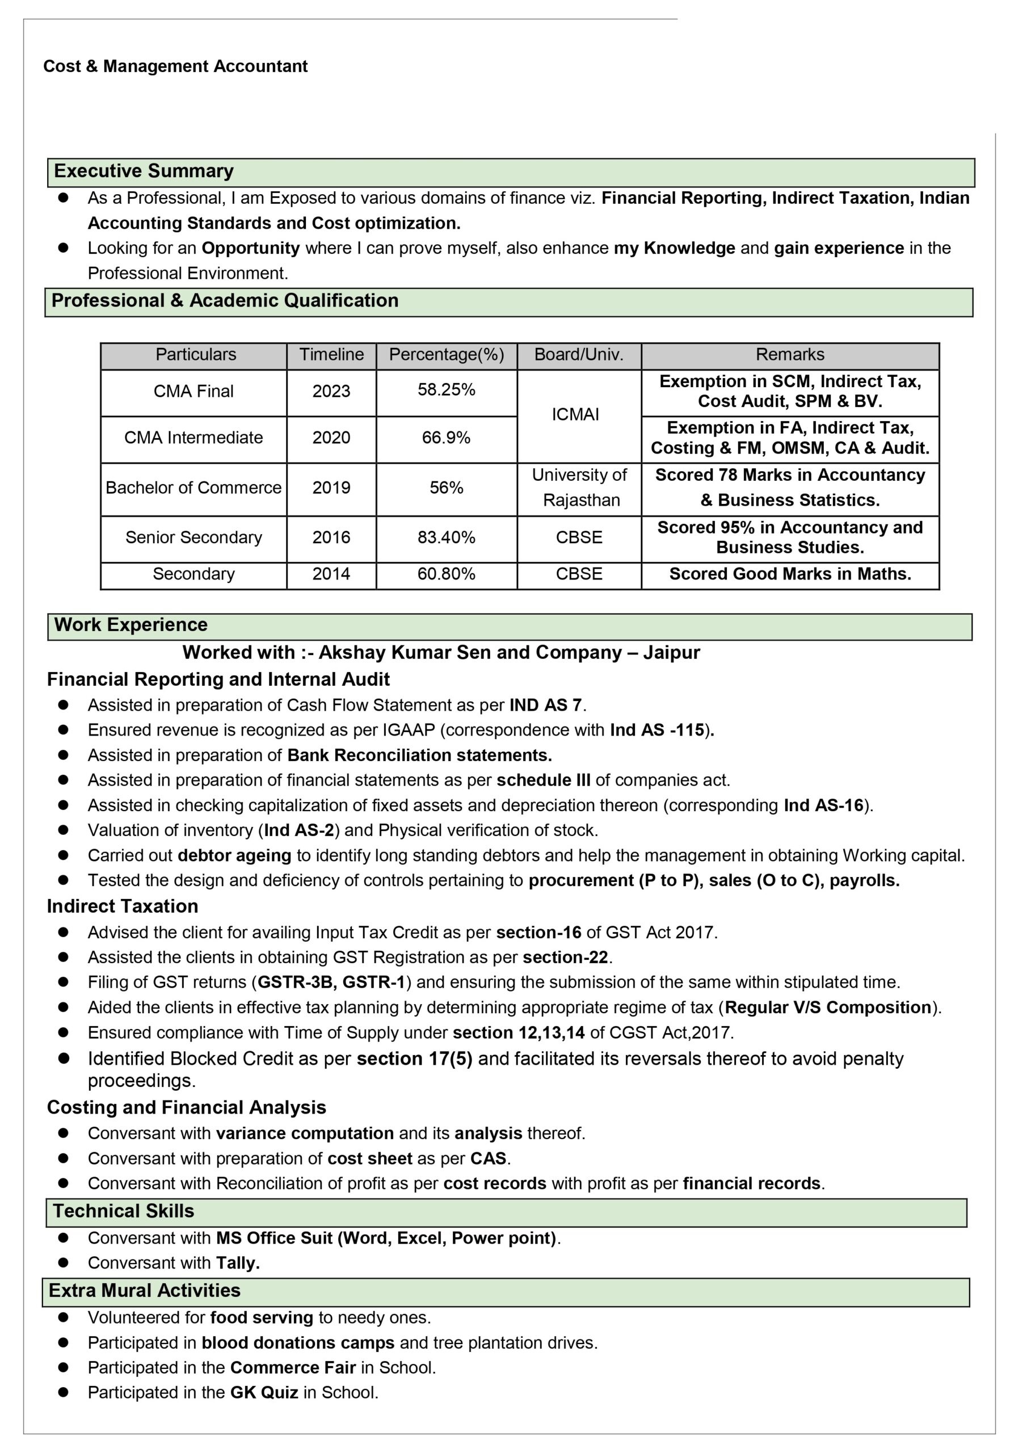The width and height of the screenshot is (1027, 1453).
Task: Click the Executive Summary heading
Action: (144, 171)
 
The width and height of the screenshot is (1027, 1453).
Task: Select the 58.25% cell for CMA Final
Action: (446, 390)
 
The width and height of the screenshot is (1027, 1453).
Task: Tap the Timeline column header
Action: (331, 355)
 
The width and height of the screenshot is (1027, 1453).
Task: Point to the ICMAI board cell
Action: (575, 414)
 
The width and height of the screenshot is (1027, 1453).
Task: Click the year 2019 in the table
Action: (331, 488)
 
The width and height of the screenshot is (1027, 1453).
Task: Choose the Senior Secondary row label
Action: (193, 538)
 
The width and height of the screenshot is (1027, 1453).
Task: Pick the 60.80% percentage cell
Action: (446, 574)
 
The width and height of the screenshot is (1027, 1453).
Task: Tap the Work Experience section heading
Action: (131, 625)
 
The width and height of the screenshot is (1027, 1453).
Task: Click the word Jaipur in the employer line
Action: (671, 653)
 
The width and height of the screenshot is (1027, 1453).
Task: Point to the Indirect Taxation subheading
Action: (123, 906)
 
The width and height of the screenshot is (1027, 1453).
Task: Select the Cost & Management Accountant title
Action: (175, 66)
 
